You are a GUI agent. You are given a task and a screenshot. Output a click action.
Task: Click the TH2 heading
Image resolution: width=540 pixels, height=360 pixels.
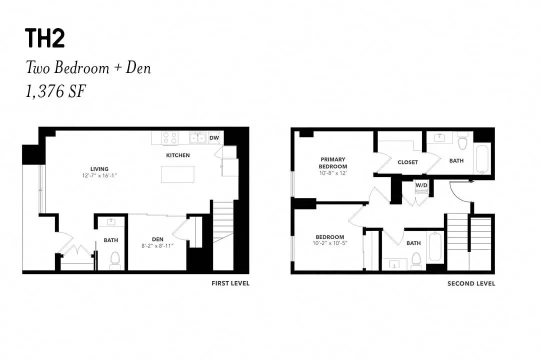point(45,38)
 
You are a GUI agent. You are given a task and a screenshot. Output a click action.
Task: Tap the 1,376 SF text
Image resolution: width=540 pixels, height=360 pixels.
point(55,91)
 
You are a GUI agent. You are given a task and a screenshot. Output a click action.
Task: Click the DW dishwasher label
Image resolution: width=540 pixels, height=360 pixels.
point(214,138)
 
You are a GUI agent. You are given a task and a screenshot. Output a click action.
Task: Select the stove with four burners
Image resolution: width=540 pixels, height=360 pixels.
point(170,138)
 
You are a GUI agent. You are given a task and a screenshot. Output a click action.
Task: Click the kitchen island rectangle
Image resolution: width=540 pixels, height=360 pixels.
point(177,174)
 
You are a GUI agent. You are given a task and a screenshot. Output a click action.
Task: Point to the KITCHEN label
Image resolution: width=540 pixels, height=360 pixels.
point(178,155)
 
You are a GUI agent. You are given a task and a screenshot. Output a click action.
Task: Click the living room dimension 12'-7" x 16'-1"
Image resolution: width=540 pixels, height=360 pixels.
point(99,175)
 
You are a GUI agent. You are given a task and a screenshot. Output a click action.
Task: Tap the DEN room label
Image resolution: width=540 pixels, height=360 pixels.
point(157,239)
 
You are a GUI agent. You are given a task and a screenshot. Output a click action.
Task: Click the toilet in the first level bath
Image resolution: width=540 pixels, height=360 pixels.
point(115,260)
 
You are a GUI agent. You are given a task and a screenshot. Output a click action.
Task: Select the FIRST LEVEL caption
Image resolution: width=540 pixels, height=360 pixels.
point(230,283)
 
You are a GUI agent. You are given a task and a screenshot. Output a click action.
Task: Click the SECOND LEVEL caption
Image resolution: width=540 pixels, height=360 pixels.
point(471,283)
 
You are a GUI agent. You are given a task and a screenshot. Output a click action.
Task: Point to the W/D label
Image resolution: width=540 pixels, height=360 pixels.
point(421,185)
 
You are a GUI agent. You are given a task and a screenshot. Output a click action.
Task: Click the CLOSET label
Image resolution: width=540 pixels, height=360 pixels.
point(408,162)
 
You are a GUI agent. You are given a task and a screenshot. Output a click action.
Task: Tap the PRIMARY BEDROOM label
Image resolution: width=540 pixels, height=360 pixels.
point(332,163)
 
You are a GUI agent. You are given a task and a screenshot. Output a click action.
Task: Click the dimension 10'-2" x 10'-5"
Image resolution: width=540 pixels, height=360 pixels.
point(330,243)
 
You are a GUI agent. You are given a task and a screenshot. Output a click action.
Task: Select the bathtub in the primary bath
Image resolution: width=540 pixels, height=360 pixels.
point(482,159)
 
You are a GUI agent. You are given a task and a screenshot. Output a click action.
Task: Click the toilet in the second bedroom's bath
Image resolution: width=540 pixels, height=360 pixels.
point(416,261)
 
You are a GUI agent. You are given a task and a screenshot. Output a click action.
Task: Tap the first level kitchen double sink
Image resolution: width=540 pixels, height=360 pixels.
point(197,138)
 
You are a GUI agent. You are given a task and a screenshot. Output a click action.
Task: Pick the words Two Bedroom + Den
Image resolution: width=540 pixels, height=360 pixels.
point(88,68)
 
